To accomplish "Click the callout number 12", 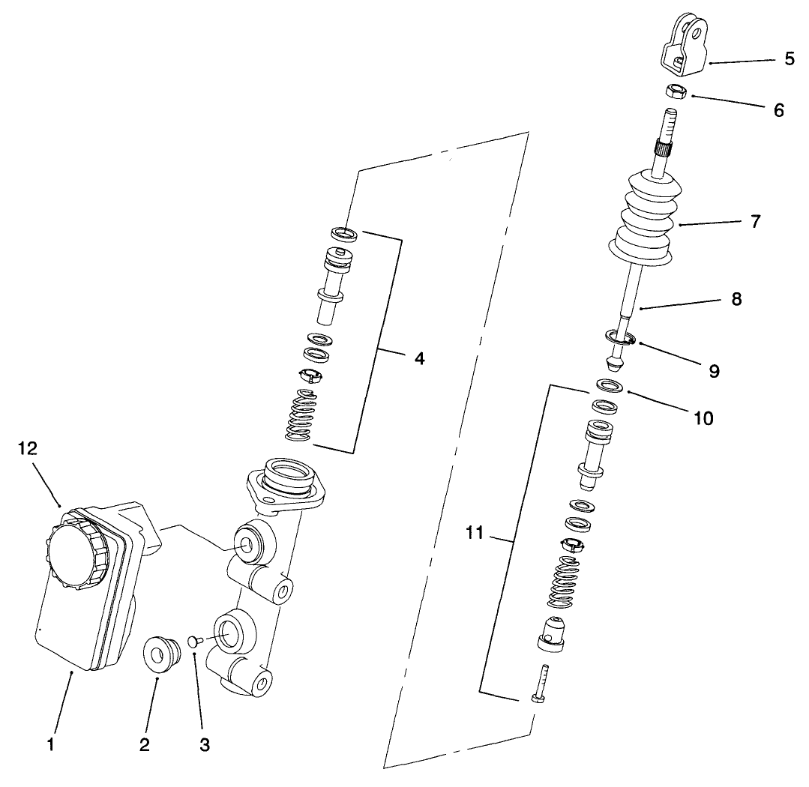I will (28, 448).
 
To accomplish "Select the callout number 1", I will (50, 744).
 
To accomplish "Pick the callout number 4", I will (419, 358).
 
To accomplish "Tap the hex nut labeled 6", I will (676, 91).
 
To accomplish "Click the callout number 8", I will (736, 299).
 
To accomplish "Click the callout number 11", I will (475, 533).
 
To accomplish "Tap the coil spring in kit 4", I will (303, 416).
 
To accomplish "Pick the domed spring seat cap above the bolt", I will (552, 631).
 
